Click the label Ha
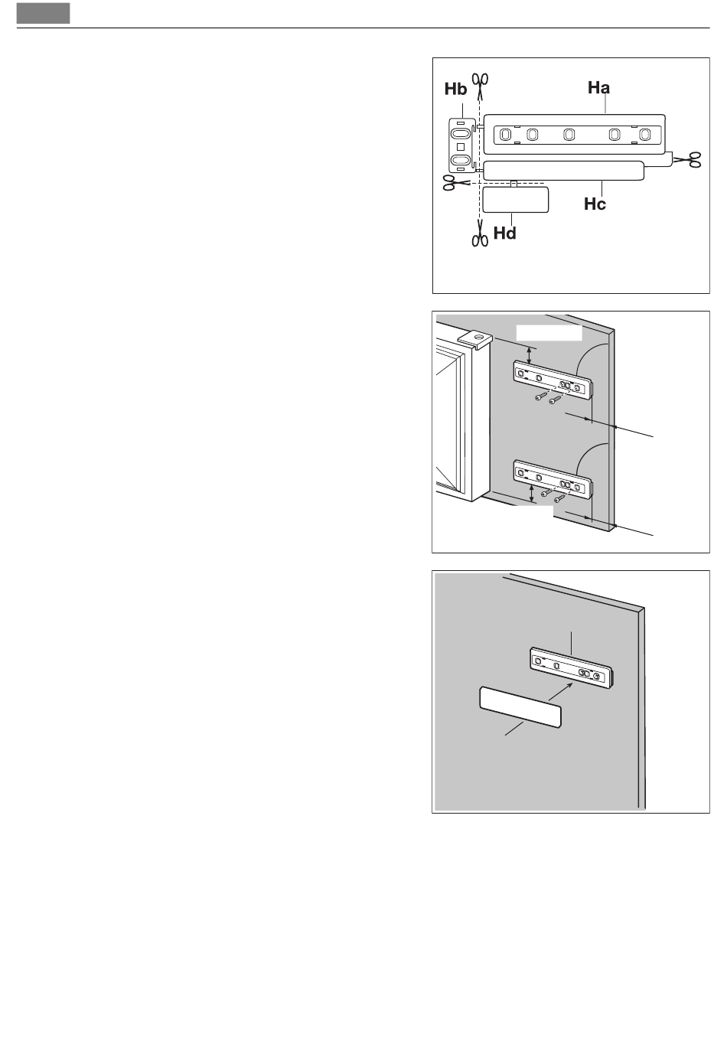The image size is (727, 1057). pyautogui.click(x=598, y=87)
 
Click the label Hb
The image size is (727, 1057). pyautogui.click(x=455, y=89)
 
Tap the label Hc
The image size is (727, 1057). pyautogui.click(x=595, y=204)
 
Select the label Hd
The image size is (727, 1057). pyautogui.click(x=504, y=233)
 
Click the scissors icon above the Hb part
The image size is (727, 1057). pyautogui.click(x=481, y=85)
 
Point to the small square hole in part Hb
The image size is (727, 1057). pyautogui.click(x=461, y=147)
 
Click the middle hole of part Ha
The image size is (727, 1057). pyautogui.click(x=569, y=135)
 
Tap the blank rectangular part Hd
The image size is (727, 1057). pyautogui.click(x=515, y=200)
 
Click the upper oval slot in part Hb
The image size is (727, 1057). pyautogui.click(x=460, y=133)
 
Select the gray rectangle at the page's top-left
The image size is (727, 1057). pyautogui.click(x=43, y=13)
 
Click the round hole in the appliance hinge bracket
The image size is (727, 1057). pyautogui.click(x=478, y=338)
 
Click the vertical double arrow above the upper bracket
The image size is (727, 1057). pyautogui.click(x=530, y=355)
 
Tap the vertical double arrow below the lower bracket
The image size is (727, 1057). pyautogui.click(x=532, y=493)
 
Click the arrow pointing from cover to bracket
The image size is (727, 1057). pyautogui.click(x=560, y=691)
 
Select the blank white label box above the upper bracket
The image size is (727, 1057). pyautogui.click(x=549, y=332)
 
